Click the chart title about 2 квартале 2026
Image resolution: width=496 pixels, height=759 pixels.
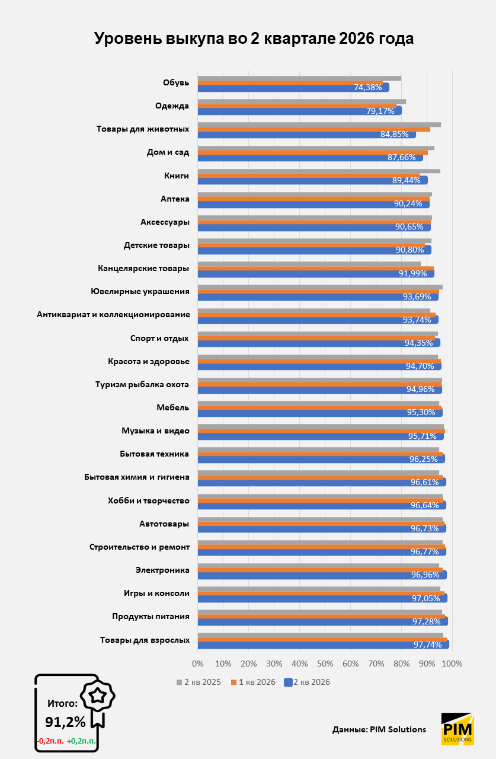point(254,39)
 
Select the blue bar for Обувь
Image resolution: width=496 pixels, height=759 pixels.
point(293,87)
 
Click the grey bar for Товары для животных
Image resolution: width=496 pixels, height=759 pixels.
point(319,125)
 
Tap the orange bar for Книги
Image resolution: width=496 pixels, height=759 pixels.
point(308,176)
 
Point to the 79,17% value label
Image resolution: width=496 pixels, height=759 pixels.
point(380,111)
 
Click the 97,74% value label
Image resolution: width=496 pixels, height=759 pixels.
point(428,645)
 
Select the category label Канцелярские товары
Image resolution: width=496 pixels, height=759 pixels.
point(143,269)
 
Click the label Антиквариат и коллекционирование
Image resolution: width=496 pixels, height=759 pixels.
point(113,314)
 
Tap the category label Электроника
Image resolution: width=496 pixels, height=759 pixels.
point(162,570)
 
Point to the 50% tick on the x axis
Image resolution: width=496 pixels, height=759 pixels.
point(325,664)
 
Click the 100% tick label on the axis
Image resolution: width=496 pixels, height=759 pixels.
point(452,664)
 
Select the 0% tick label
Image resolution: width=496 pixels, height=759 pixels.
point(198,664)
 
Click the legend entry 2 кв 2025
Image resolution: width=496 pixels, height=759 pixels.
point(199,682)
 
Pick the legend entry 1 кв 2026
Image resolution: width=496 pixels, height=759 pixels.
point(253,682)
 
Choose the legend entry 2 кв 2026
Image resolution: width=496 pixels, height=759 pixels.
point(307,682)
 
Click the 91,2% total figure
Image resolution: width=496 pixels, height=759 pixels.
point(65,722)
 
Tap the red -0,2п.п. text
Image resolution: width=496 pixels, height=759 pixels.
point(50,741)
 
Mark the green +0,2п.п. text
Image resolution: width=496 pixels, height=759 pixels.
point(81,741)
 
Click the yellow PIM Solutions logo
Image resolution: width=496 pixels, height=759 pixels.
point(457,729)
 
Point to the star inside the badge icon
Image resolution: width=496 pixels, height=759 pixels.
point(98,696)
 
